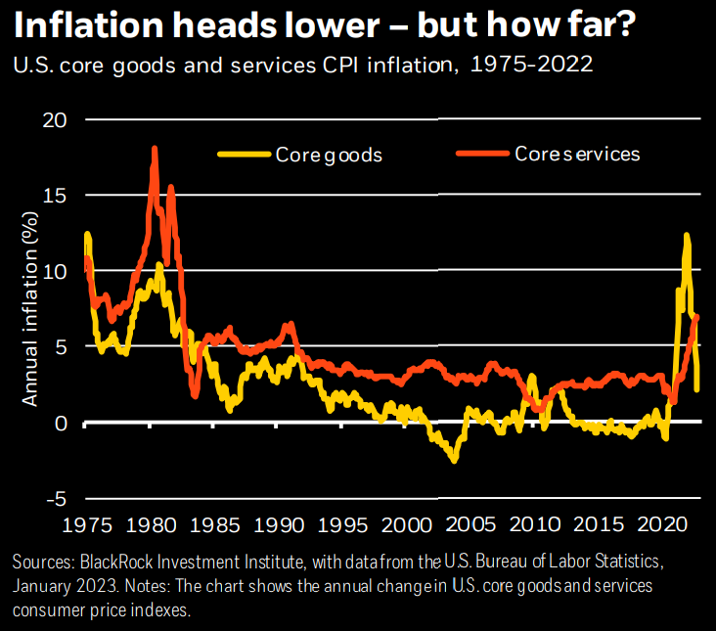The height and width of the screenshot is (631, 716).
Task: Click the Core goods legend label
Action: click(x=328, y=155)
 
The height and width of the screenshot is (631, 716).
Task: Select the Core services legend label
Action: click(x=577, y=154)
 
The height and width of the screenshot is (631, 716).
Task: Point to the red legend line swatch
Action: click(x=483, y=154)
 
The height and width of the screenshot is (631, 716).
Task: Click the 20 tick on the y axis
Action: click(x=61, y=119)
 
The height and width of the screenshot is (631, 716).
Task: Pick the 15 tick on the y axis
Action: click(x=62, y=195)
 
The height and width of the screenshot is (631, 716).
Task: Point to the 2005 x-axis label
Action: click(x=474, y=526)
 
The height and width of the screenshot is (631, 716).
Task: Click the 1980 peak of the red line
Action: click(x=155, y=149)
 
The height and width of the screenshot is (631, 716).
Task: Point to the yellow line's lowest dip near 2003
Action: click(x=454, y=460)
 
